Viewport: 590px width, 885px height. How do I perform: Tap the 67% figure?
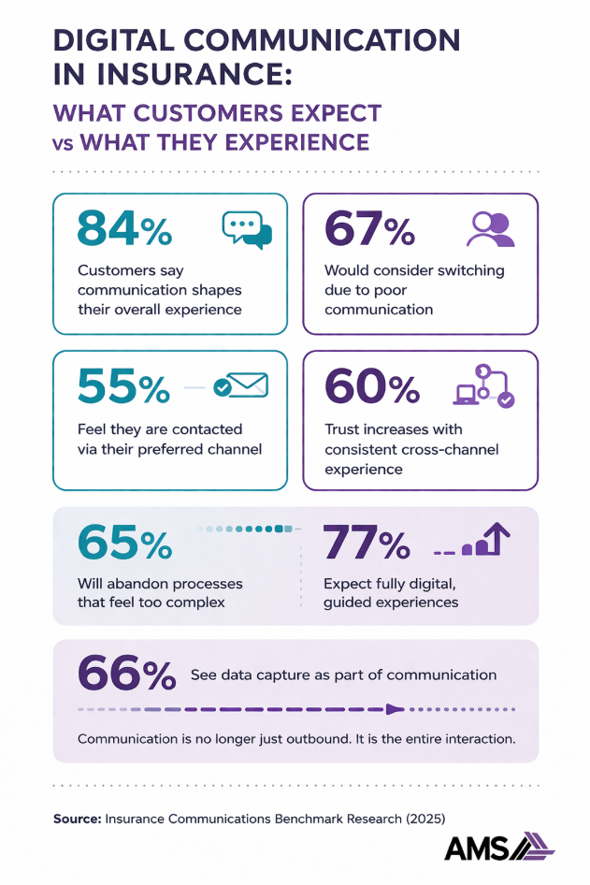point(368,228)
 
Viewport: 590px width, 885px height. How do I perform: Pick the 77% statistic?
point(366,543)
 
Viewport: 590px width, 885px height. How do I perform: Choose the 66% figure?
point(126,674)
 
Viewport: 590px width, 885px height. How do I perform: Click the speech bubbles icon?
point(246,229)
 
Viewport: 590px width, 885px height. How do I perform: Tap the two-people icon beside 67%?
point(491,229)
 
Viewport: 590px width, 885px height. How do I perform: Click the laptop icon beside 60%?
point(465,395)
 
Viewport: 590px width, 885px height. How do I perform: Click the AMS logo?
point(498,847)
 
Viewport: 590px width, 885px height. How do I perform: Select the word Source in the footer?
point(76,818)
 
